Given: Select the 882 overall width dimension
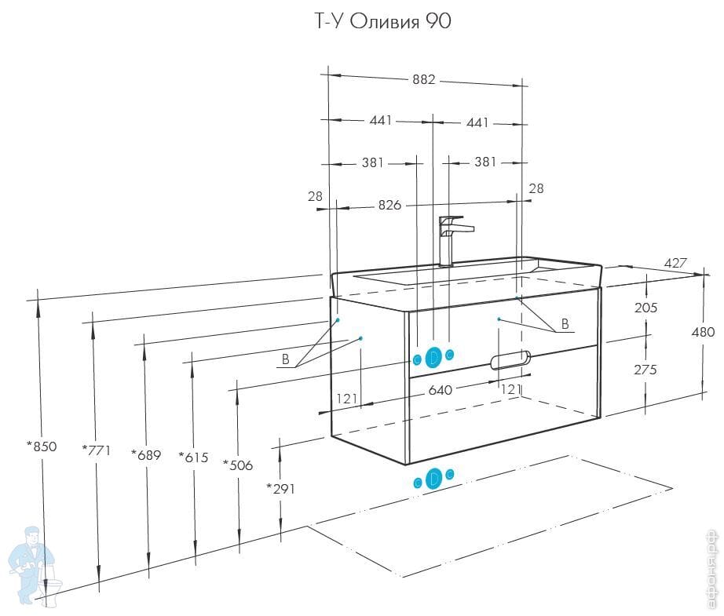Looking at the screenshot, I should click(x=425, y=80).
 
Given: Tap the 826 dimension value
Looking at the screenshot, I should click(x=389, y=206).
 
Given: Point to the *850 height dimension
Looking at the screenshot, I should click(x=42, y=447).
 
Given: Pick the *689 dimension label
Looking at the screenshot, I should click(x=146, y=455).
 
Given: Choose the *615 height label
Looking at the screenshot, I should click(x=193, y=457).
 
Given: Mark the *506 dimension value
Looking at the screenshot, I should click(x=238, y=465).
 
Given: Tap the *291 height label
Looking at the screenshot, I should click(x=281, y=488).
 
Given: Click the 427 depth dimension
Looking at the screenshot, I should click(x=675, y=263).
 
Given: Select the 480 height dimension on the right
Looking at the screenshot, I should click(x=703, y=332).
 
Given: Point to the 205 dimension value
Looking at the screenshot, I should click(x=645, y=308).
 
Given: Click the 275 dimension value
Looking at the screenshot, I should click(x=645, y=370).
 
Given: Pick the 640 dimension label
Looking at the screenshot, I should click(x=441, y=390).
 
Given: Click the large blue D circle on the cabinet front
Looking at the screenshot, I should click(x=433, y=358).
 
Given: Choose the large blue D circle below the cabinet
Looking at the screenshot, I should click(x=433, y=479).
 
